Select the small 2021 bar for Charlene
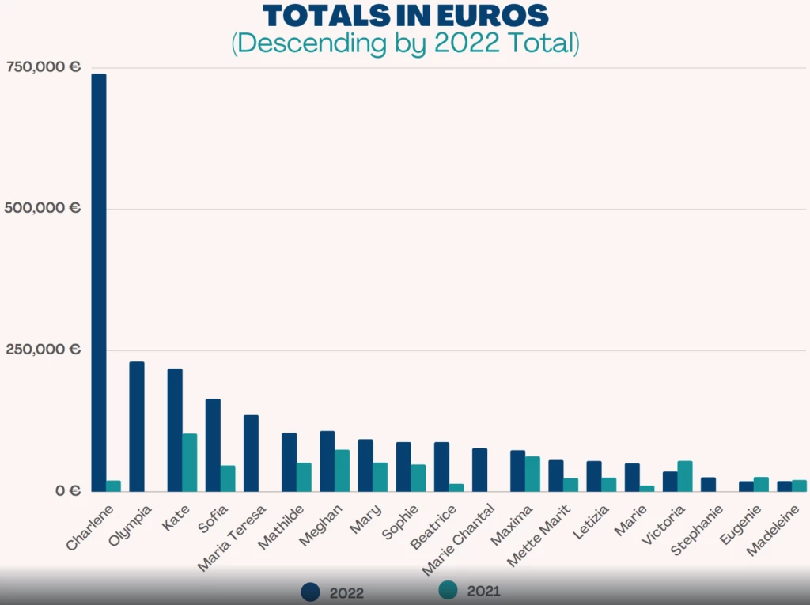(x=113, y=486)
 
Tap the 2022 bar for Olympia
(x=137, y=426)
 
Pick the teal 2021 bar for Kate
(x=190, y=463)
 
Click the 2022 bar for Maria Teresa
(x=251, y=453)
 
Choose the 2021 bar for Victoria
(x=685, y=476)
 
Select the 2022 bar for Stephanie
(x=708, y=484)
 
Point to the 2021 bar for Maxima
(x=532, y=474)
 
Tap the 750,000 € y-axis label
(x=44, y=67)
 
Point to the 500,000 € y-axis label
(x=44, y=208)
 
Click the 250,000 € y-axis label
(x=44, y=350)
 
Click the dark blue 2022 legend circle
(x=311, y=592)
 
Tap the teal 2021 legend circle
(x=448, y=591)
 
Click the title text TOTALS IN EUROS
(x=405, y=15)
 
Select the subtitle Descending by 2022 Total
(x=405, y=43)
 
